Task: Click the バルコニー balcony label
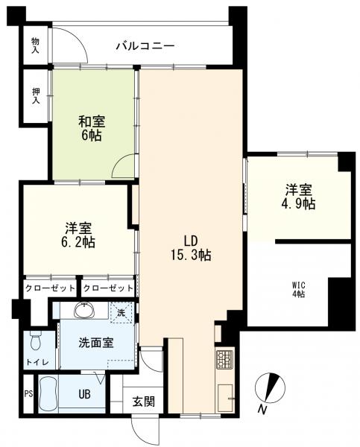pyautogui.click(x=145, y=46)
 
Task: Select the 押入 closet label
pyautogui.click(x=35, y=98)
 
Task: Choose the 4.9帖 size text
pyautogui.click(x=299, y=203)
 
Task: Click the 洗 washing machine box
pyautogui.click(x=122, y=313)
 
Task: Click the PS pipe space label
pyautogui.click(x=28, y=394)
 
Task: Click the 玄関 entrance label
pyautogui.click(x=144, y=401)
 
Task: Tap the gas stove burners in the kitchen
pyautogui.click(x=225, y=361)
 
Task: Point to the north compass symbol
pyautogui.click(x=271, y=390)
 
